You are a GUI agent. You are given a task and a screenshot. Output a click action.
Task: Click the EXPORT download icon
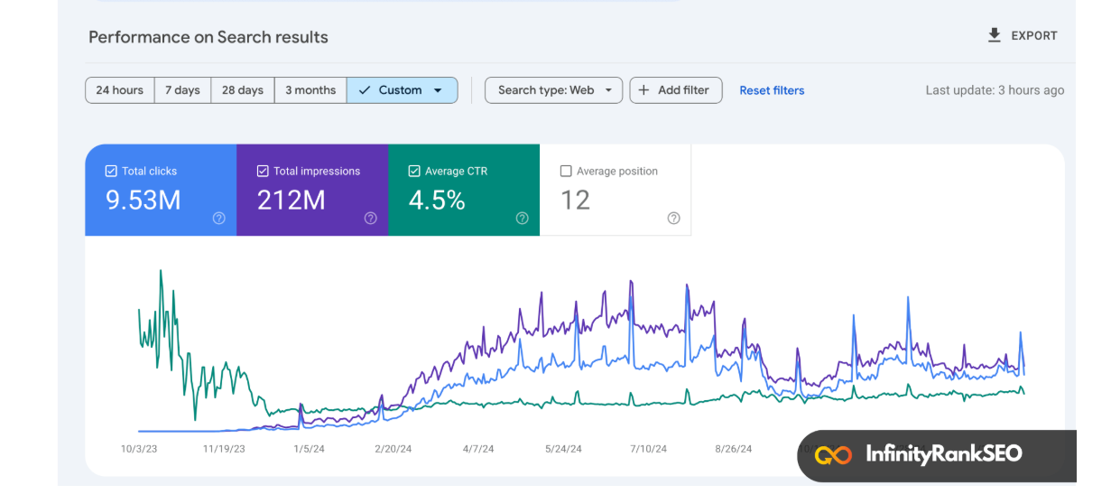click(x=994, y=35)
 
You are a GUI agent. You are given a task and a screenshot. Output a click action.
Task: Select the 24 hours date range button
click(x=120, y=90)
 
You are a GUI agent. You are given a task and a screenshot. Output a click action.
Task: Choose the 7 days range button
click(x=182, y=90)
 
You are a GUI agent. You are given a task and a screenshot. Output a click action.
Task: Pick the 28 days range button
click(x=243, y=90)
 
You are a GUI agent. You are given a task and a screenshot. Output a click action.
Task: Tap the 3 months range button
click(x=310, y=90)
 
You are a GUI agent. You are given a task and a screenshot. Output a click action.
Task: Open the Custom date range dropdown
click(x=402, y=90)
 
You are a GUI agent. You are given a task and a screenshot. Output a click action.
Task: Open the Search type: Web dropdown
click(x=553, y=90)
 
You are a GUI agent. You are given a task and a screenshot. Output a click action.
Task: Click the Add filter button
click(x=675, y=90)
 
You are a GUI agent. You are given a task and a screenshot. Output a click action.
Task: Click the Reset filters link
click(x=772, y=90)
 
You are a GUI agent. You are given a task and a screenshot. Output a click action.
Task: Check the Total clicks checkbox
click(x=111, y=171)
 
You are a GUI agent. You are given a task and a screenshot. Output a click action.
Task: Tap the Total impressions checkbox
click(x=263, y=171)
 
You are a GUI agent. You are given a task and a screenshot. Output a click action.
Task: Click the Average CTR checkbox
click(x=414, y=171)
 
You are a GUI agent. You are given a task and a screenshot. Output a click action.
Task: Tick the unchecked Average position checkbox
click(x=566, y=171)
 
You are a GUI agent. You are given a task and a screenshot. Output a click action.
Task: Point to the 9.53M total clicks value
click(x=144, y=201)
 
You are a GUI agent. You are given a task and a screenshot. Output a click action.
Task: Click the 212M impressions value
click(x=291, y=201)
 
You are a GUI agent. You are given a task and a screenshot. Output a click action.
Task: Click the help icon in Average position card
click(x=673, y=219)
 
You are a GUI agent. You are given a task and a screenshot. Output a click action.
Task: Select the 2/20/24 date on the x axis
click(x=393, y=448)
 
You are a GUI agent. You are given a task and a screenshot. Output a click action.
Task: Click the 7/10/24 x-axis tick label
click(x=648, y=448)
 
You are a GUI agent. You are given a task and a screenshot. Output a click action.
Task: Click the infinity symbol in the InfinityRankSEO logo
click(x=833, y=454)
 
